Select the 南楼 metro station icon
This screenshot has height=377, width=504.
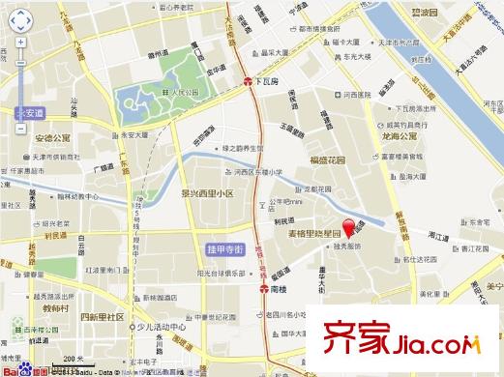point(263,288)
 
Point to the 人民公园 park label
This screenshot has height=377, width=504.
point(177,95)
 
